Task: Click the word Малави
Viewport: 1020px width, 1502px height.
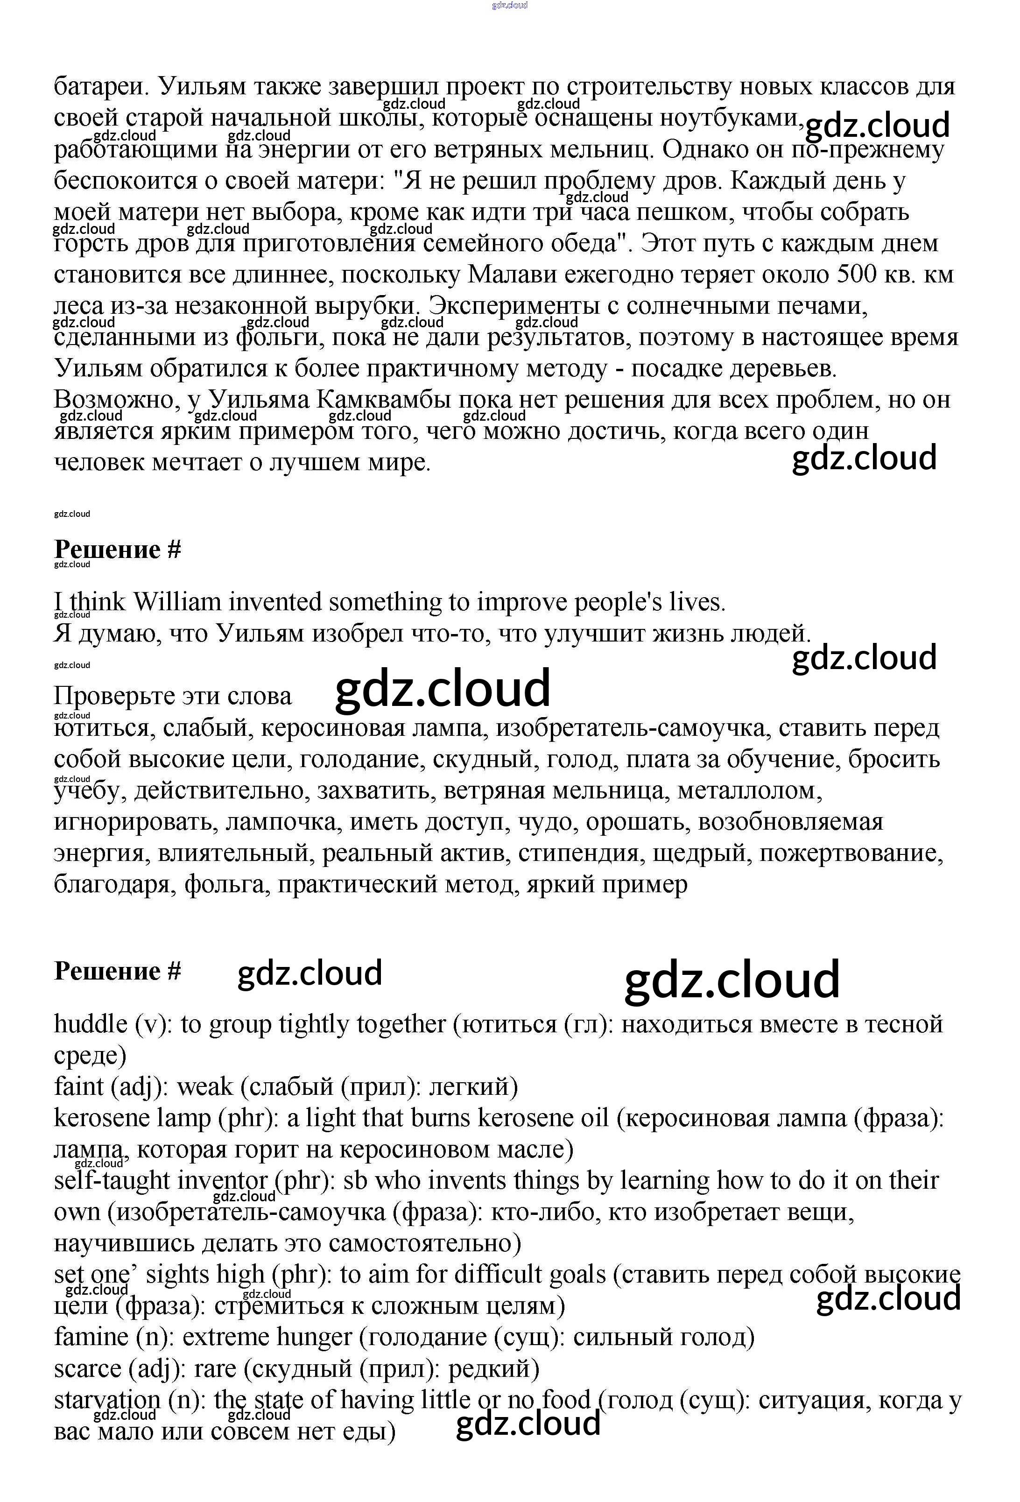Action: [510, 275]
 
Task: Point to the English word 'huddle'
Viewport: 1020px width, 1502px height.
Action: [91, 1024]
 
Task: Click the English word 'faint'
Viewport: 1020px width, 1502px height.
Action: [79, 1086]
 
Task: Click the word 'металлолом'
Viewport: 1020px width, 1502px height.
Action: [748, 790]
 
